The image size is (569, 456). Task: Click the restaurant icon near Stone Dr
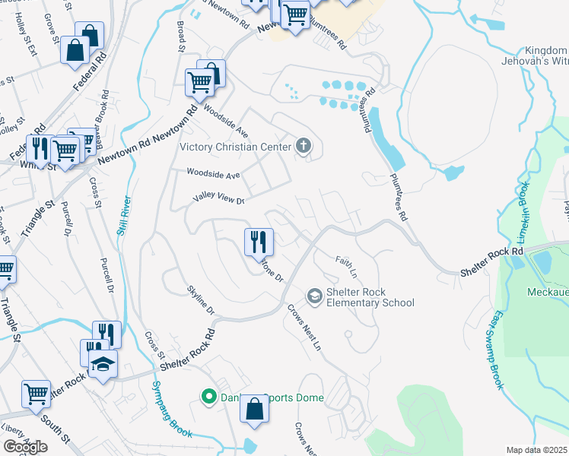tap(259, 242)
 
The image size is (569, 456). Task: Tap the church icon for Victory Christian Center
tap(304, 147)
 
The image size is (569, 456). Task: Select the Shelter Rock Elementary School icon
tap(314, 295)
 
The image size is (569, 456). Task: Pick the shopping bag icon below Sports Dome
tap(255, 410)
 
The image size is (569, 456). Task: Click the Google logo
tap(25, 446)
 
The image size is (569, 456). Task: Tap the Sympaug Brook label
tap(170, 407)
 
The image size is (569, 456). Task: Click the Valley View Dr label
tap(218, 200)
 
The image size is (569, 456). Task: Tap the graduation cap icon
tap(103, 364)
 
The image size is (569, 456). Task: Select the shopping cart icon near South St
tap(36, 394)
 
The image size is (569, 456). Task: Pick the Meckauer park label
tap(547, 292)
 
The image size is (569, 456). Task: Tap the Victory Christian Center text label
tap(235, 147)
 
